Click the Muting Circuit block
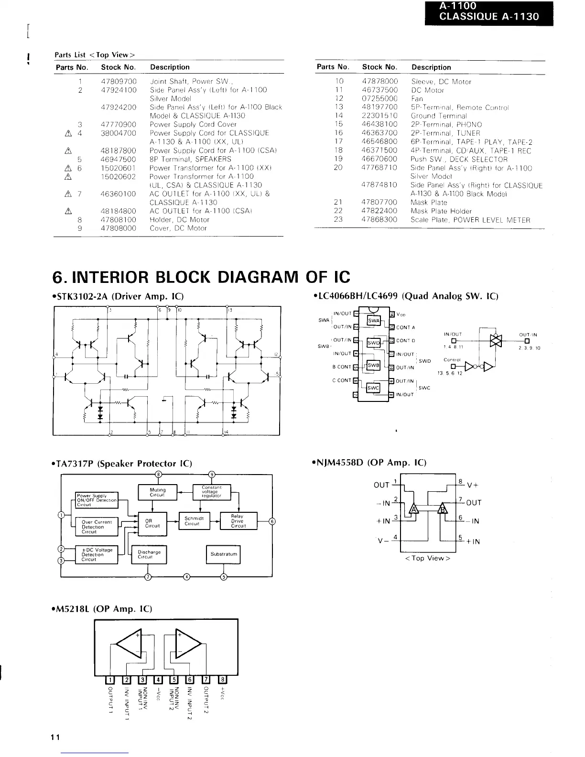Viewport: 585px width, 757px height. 157,492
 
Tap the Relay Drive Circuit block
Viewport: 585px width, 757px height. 238,521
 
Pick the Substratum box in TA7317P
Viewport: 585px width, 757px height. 223,554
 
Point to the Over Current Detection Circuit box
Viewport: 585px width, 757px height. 97,527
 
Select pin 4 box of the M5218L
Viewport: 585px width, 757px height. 158,680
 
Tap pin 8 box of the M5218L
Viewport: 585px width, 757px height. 223,680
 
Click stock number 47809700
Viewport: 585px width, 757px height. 119,81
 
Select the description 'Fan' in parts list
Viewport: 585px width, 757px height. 417,99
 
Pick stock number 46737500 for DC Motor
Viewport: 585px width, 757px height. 379,90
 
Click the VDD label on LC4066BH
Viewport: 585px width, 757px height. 401,314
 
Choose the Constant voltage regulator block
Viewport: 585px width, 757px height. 211,492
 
